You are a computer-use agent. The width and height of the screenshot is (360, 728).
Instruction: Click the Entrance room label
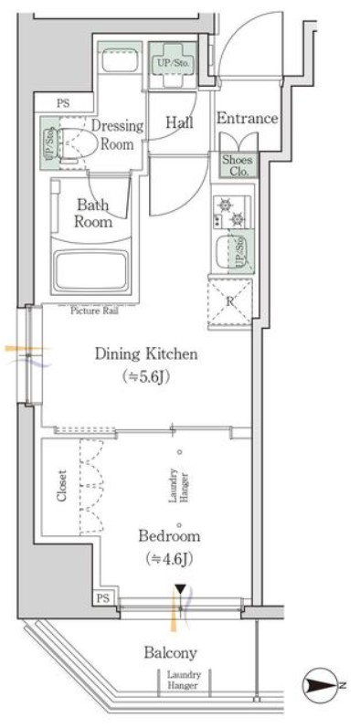[247, 119]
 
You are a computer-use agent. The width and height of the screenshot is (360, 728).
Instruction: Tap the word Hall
[180, 122]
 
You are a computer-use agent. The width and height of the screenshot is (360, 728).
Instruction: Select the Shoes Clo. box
[238, 165]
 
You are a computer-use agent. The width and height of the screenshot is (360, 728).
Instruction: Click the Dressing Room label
[117, 134]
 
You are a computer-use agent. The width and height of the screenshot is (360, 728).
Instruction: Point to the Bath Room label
[94, 213]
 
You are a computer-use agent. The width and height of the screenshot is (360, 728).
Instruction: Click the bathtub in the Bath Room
[91, 271]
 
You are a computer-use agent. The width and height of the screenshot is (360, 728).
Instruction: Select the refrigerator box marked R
[230, 301]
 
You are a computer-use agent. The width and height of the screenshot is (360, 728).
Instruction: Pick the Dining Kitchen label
[146, 354]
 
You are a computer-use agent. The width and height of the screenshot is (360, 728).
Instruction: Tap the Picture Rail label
[95, 311]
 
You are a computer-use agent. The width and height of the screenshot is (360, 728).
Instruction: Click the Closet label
[62, 487]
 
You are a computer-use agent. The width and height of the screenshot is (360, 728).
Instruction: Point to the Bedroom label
[170, 536]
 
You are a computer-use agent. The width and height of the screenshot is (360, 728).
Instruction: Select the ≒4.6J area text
[169, 558]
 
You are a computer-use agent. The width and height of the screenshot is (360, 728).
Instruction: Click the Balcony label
[170, 653]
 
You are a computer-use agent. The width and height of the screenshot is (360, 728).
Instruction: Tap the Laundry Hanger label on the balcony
[184, 680]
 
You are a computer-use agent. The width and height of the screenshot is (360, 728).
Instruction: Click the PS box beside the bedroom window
[103, 598]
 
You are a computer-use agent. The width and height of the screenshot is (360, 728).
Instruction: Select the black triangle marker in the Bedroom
[180, 590]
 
